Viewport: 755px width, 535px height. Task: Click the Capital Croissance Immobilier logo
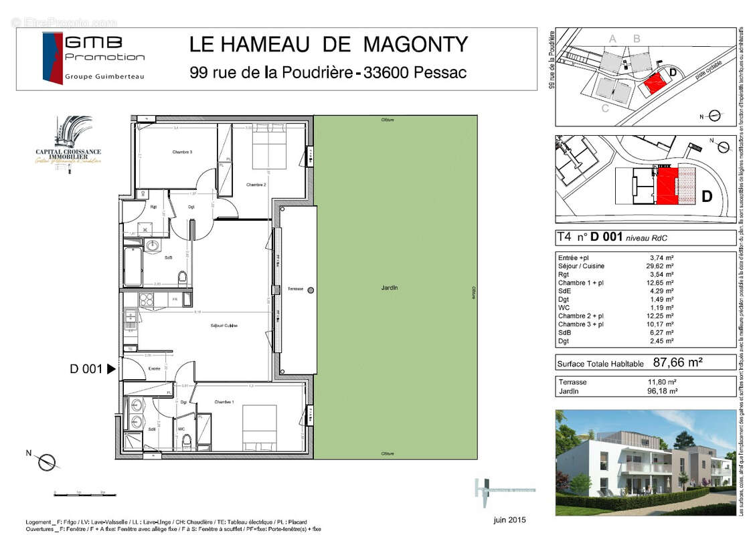(x=68, y=145)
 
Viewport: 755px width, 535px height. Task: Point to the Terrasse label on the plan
(x=295, y=289)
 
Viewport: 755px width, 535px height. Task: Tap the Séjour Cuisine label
(x=224, y=326)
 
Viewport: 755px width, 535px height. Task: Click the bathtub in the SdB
(x=132, y=266)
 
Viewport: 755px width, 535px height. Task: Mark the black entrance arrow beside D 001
(x=111, y=368)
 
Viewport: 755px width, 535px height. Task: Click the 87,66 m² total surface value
(x=677, y=362)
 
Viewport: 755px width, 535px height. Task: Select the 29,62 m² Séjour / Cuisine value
(x=661, y=265)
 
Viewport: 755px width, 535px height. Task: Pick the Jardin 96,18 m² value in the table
(x=664, y=391)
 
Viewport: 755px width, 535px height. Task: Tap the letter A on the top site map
(x=612, y=39)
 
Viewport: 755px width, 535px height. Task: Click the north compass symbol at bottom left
(x=47, y=461)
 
